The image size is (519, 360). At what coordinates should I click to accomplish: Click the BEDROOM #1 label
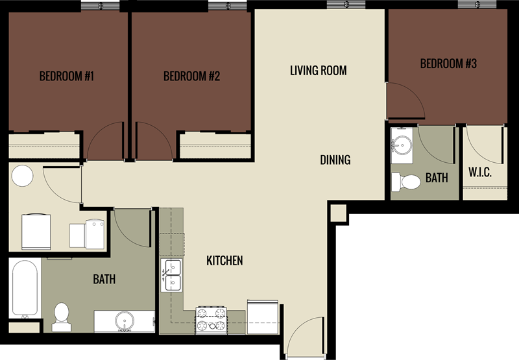[x=67, y=77]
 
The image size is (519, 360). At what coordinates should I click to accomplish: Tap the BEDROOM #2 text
[x=191, y=77]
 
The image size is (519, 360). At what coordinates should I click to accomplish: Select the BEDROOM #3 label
[x=448, y=64]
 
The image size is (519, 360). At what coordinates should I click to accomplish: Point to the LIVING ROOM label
[x=318, y=70]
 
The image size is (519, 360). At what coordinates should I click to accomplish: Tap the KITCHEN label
[x=224, y=261]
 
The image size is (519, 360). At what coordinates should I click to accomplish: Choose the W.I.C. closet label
[x=479, y=173]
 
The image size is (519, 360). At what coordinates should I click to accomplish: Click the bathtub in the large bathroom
[x=25, y=288]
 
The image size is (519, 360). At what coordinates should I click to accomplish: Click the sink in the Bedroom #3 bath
[x=402, y=145]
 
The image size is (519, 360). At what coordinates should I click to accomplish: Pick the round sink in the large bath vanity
[x=124, y=321]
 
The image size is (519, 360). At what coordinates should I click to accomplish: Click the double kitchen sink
[x=172, y=275]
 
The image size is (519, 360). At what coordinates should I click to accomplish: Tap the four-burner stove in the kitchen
[x=211, y=320]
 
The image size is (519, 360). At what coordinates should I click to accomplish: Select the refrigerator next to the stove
[x=263, y=317]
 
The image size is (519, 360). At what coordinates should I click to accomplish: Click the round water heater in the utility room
[x=23, y=176]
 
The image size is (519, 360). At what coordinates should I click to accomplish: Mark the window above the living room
[x=347, y=5]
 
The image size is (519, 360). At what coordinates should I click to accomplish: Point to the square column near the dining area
[x=337, y=212]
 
